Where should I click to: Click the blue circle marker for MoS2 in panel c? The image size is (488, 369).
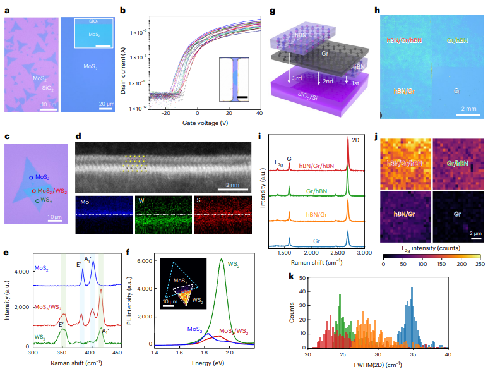pyautogui.click(x=32, y=178)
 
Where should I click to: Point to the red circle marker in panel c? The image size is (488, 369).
pyautogui.click(x=34, y=190)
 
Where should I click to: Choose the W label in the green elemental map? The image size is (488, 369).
pyautogui.click(x=143, y=203)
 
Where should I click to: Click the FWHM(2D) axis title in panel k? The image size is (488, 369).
pyautogui.click(x=377, y=365)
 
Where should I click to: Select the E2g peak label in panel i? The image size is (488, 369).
pyautogui.click(x=278, y=162)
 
